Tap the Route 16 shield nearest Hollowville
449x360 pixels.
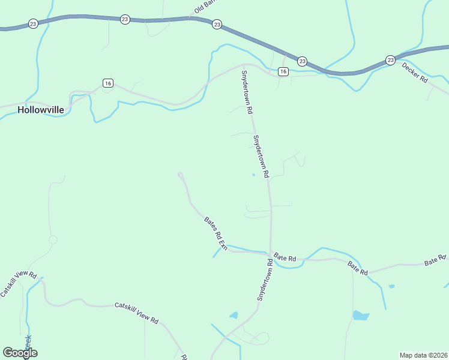point(107,83)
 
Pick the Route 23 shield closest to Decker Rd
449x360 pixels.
point(390,60)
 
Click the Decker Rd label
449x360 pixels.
point(414,72)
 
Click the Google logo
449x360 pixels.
point(20,353)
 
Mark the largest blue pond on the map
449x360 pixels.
point(360,315)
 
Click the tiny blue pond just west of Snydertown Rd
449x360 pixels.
point(253,175)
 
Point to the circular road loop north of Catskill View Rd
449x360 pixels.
point(53,239)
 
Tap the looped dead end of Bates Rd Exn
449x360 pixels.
point(180,175)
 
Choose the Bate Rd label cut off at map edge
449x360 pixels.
point(436,260)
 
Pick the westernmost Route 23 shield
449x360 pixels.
point(33,24)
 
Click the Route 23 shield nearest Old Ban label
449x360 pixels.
point(217,25)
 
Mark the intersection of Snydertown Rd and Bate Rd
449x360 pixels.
point(271,252)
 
